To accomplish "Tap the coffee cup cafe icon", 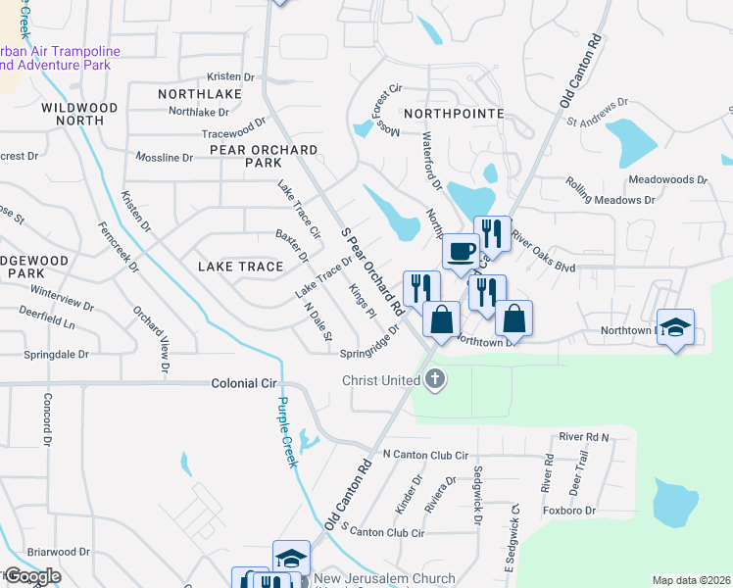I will coord(461,251).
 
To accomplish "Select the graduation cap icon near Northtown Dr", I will coord(675,327).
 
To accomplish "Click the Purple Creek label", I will coord(286,432).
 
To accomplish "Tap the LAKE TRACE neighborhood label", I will coord(240,267).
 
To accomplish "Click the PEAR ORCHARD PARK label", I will coord(263,157).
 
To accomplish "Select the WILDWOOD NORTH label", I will coord(79,114).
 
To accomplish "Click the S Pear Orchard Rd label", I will coord(371,270).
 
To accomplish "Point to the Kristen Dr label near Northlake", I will coord(230,76).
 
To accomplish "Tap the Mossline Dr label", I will coord(164,157).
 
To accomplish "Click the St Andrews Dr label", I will coord(597,116).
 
